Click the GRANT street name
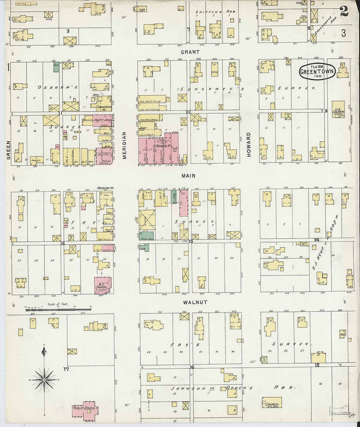190,52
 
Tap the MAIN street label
189,176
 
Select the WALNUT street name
195,302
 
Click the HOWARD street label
249,145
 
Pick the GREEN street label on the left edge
9,150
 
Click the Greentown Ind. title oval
317,71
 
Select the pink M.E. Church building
103,285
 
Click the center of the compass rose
44,380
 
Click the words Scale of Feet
58,304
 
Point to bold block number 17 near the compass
66,369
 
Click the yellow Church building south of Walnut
272,403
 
